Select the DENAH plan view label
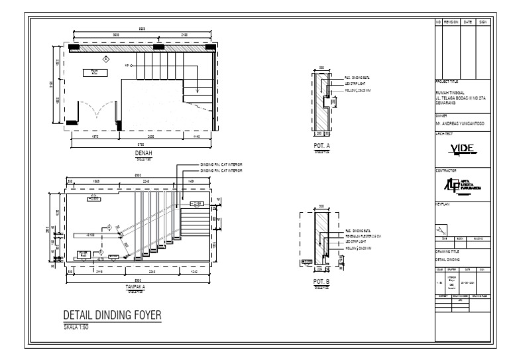point(143,152)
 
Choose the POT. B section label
point(321,282)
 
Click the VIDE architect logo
point(463,147)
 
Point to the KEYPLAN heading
point(443,204)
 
